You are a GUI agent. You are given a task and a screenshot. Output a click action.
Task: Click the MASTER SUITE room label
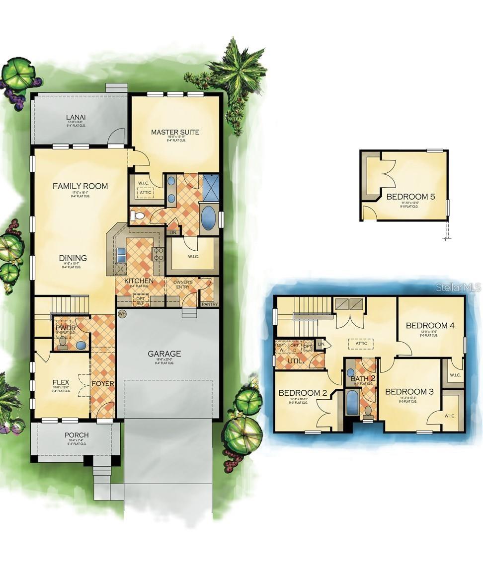tap(175, 132)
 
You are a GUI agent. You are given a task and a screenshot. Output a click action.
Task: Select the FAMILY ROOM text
tap(80, 186)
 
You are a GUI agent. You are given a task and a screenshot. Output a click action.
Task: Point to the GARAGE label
tap(164, 354)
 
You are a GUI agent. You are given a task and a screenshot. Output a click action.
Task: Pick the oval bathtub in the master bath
tap(208, 218)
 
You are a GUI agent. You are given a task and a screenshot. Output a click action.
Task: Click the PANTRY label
tap(209, 304)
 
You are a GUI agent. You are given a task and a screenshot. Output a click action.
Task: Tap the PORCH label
tap(77, 435)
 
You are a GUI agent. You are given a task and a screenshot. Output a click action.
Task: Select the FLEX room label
tap(61, 382)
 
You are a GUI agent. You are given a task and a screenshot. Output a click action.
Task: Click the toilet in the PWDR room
tap(63, 343)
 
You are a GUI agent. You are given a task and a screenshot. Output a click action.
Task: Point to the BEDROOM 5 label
tap(410, 197)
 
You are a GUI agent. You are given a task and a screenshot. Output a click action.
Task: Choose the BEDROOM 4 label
tap(430, 326)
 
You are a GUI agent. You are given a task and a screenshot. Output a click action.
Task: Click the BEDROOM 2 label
tap(303, 393)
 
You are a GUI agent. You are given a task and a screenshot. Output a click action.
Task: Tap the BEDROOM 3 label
tap(409, 392)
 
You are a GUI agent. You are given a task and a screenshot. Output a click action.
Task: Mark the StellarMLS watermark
tap(458, 287)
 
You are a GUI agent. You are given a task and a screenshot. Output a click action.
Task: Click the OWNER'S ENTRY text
tap(182, 285)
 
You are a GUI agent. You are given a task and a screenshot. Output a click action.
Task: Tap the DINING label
tap(73, 258)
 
